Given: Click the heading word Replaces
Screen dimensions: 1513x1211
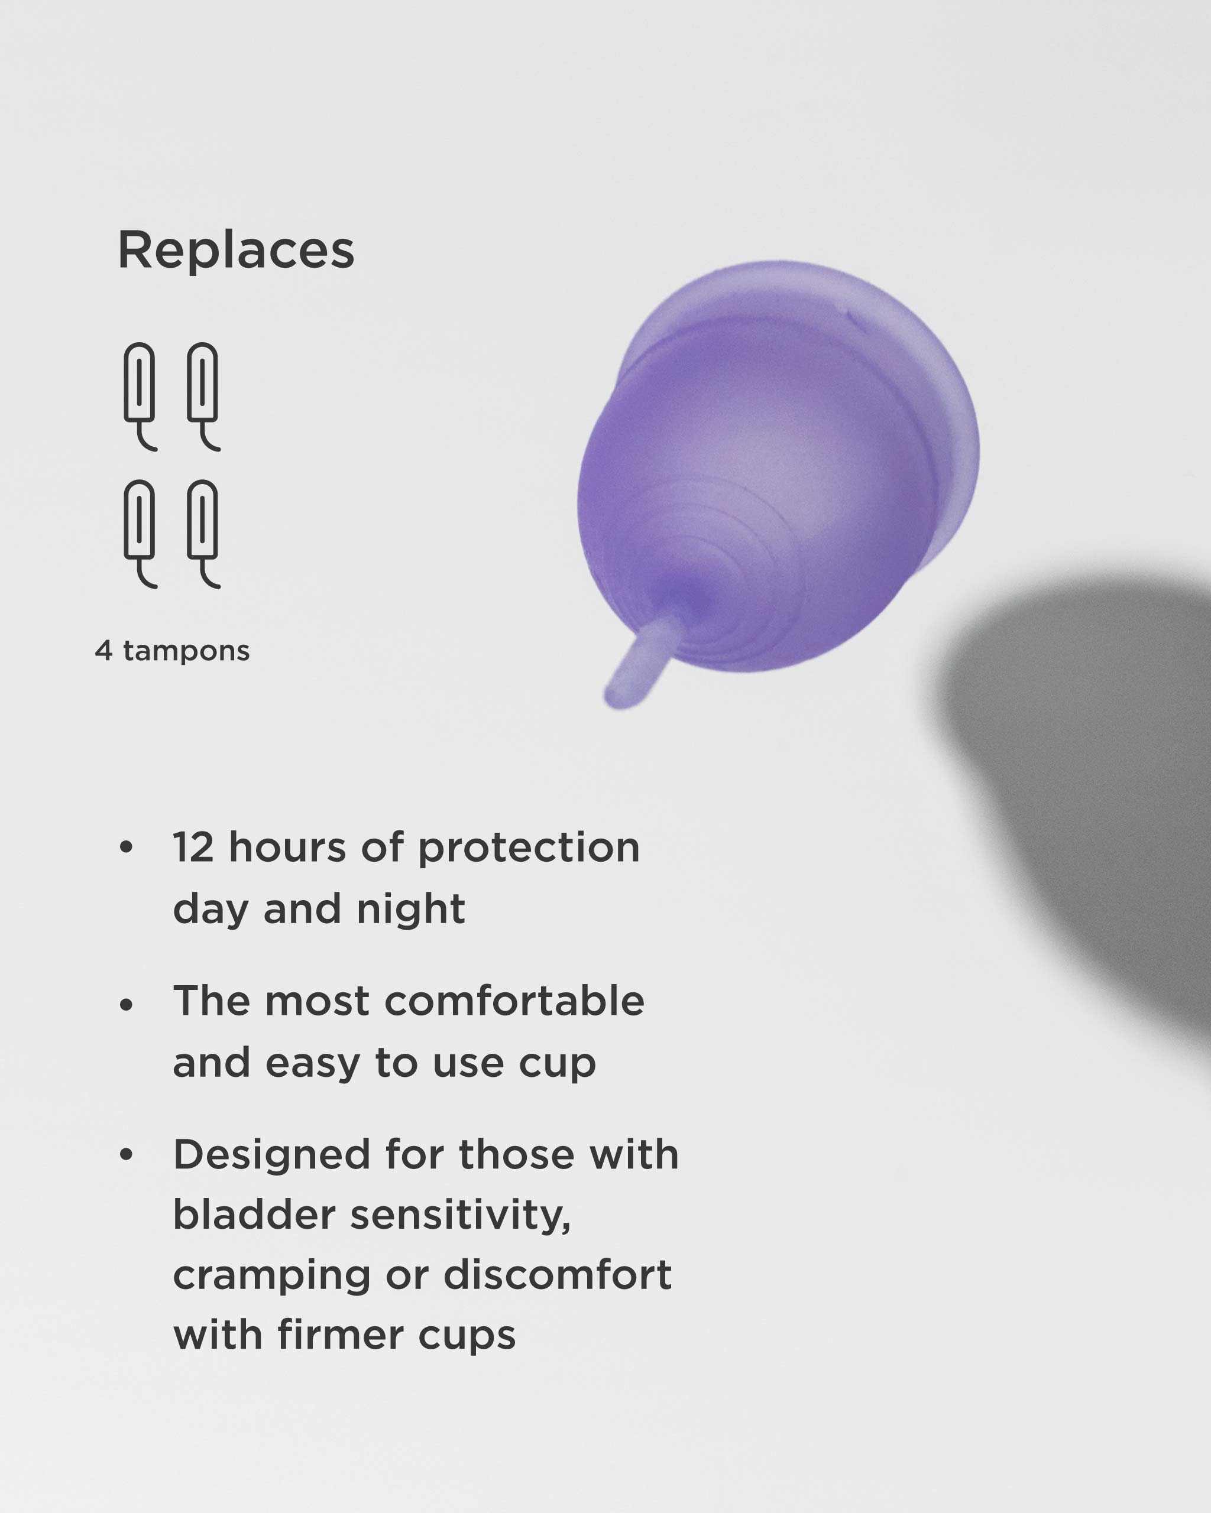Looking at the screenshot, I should [236, 251].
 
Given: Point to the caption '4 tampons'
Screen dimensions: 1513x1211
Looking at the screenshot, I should [173, 651].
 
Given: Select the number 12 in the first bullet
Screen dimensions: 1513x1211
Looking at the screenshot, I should [193, 848].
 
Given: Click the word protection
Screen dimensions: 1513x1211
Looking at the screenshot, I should [529, 848].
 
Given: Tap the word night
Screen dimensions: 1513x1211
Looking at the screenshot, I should [411, 909].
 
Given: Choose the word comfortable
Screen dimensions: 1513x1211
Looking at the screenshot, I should [514, 1001].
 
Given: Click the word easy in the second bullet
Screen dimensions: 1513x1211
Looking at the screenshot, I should [312, 1063].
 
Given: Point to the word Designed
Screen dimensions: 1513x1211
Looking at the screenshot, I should [271, 1155].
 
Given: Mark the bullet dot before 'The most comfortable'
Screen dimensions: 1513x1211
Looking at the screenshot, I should [127, 1005].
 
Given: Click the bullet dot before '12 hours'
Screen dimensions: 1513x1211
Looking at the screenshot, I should [127, 847].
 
